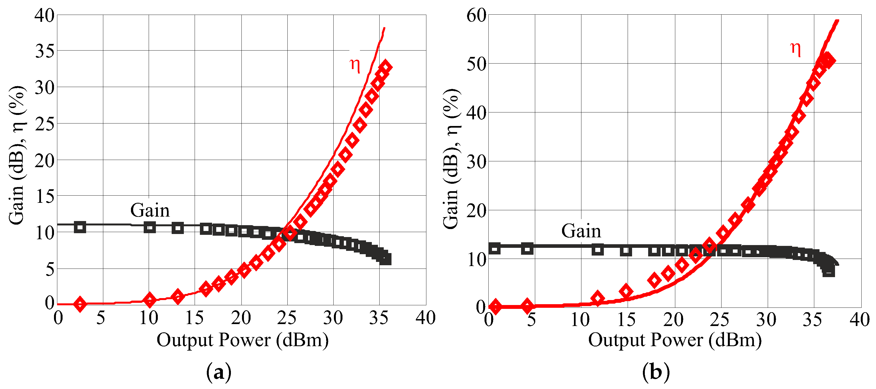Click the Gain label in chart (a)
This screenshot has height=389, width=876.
[150, 211]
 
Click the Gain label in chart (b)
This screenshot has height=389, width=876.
[581, 231]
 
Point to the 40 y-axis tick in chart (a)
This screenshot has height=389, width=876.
[45, 16]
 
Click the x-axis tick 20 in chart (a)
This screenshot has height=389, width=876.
[241, 318]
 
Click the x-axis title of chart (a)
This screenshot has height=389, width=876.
[243, 340]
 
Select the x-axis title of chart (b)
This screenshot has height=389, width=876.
[675, 340]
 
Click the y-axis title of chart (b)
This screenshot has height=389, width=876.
[451, 159]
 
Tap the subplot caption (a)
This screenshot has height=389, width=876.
[219, 372]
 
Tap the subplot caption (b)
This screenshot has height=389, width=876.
[656, 372]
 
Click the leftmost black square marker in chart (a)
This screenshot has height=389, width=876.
[80, 227]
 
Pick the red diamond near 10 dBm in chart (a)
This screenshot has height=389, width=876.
[150, 299]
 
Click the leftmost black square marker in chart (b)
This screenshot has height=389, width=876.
[494, 248]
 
